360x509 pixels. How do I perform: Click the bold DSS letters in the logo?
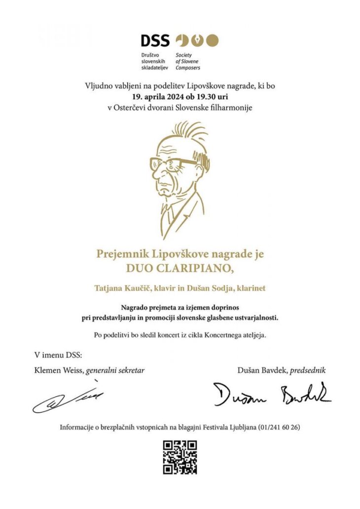(155, 40)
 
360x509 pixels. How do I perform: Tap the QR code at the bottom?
(180, 457)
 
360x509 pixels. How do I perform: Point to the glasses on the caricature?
(173, 163)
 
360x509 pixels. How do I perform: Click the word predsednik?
(308, 369)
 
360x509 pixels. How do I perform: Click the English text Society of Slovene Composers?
(188, 61)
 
